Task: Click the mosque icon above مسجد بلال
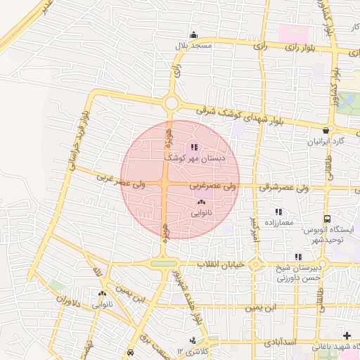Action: pyautogui.click(x=194, y=35)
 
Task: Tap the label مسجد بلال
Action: pyautogui.click(x=194, y=45)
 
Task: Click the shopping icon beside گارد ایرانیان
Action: pyautogui.click(x=326, y=131)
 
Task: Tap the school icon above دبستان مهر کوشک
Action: pyautogui.click(x=194, y=148)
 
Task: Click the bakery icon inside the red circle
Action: pyautogui.click(x=191, y=202)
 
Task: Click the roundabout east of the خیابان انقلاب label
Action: pyautogui.click(x=256, y=265)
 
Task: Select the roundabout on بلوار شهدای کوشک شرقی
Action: pyautogui.click(x=171, y=104)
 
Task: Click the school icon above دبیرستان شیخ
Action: pyautogui.click(x=298, y=257)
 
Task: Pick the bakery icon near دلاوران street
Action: pyautogui.click(x=103, y=294)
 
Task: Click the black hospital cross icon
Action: pyautogui.click(x=345, y=335)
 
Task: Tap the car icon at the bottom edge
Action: pyautogui.click(x=130, y=352)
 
